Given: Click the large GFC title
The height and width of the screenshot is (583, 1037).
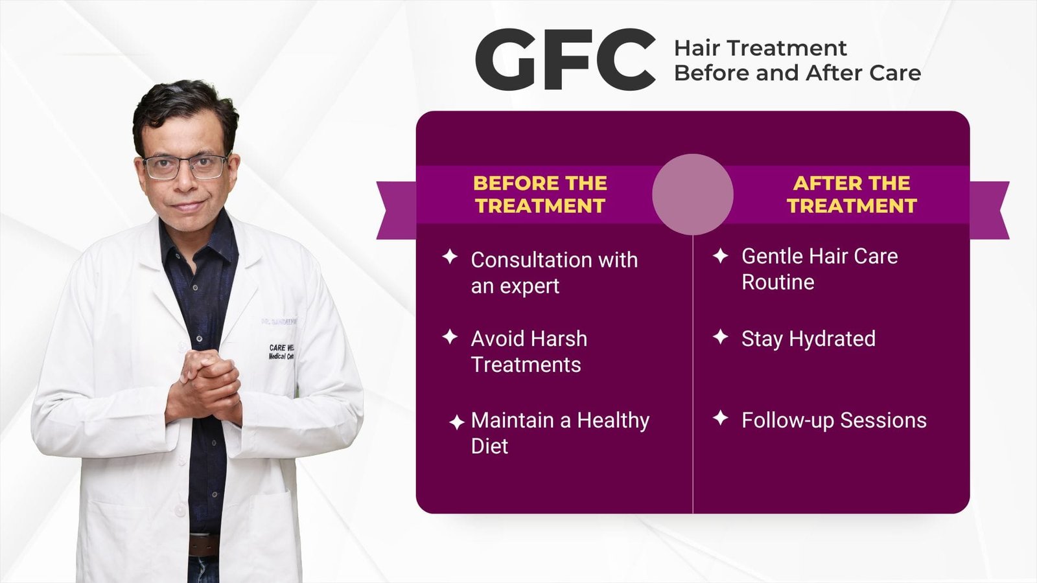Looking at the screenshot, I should point(565,60).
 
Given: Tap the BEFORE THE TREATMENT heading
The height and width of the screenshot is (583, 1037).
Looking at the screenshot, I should point(540,194).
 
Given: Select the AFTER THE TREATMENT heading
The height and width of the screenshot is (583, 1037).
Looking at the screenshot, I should point(852,194).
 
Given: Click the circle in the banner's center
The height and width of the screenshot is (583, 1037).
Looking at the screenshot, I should point(692,194).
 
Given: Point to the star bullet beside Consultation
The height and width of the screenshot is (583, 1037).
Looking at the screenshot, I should point(450,257).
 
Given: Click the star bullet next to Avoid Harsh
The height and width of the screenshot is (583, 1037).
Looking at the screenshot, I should point(450,337).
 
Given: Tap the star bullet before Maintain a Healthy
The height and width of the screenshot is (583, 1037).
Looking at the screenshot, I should point(456,422).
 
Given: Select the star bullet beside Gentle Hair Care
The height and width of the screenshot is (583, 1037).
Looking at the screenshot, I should point(720,256).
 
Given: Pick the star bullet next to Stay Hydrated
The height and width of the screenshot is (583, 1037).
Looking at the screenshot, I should point(720,337).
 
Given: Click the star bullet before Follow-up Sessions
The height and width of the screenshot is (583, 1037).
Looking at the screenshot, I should point(720,418).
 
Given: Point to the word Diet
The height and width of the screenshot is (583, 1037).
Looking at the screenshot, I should point(489,446).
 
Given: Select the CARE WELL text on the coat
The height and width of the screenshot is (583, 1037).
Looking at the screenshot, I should point(282,348).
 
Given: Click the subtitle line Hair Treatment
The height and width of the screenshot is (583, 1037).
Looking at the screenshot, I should point(760,49).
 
